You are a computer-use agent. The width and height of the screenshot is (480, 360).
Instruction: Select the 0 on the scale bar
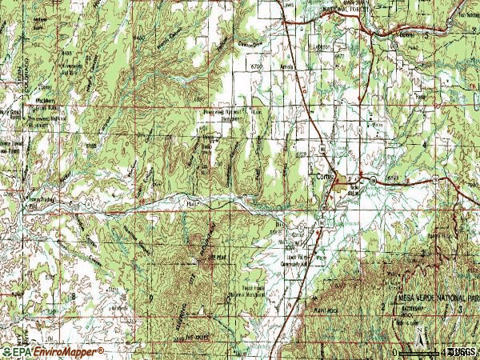395,352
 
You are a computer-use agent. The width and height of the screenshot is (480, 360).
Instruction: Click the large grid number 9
150,298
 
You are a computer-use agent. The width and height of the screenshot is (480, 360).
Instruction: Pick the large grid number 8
73,296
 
